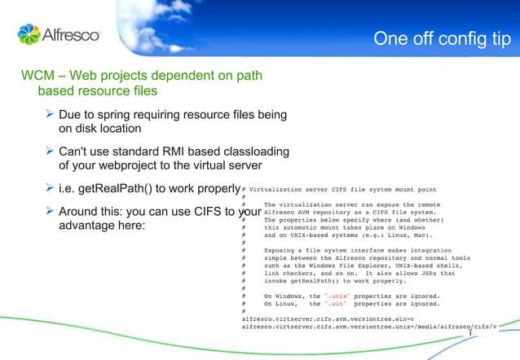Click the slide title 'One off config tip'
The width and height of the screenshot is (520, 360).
442,39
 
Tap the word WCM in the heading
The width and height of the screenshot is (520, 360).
37,77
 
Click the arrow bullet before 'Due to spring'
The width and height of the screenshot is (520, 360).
50,115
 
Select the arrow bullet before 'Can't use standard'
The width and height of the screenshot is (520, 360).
50,151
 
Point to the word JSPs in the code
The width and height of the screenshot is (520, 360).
431,273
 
